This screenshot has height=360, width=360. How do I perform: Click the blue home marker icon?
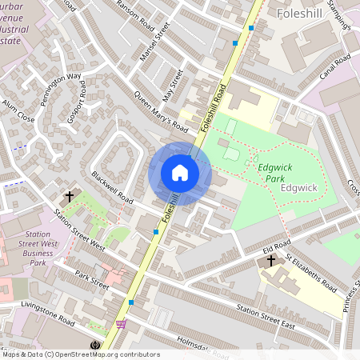coord(179,173)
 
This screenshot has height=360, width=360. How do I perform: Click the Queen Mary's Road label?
coord(160,113)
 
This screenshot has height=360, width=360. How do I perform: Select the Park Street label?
coord(92,280)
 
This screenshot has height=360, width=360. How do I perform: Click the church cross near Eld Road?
coord(271,261)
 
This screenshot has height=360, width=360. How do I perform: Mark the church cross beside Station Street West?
coord(70,195)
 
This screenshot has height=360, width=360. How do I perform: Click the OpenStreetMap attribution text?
coord(82,354)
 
